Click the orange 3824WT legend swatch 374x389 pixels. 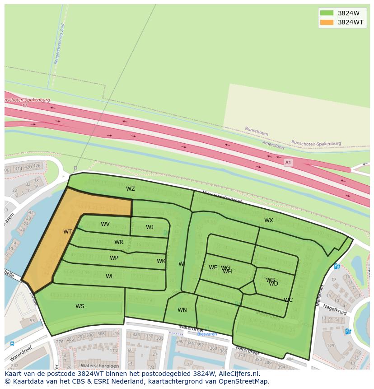(327, 22)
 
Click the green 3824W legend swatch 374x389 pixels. (327, 13)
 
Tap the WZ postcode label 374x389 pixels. (131, 189)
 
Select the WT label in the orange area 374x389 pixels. (68, 232)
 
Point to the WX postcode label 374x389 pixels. (269, 220)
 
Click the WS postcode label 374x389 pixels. (80, 306)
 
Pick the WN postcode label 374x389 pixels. (182, 310)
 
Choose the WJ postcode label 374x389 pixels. (150, 227)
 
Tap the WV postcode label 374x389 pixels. (105, 224)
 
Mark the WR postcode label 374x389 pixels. (119, 242)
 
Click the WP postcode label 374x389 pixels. (114, 258)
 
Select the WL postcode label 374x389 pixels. (110, 277)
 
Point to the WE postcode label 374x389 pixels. (213, 267)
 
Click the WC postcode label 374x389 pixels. (288, 300)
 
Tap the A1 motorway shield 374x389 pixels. (288, 162)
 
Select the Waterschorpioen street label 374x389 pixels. (100, 366)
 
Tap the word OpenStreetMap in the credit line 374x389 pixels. (247, 381)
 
